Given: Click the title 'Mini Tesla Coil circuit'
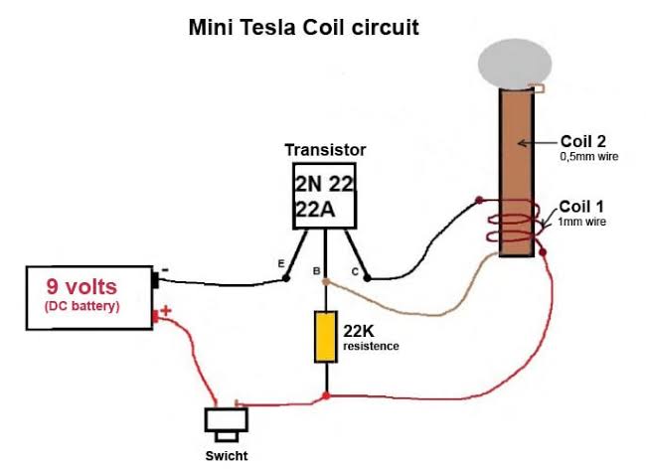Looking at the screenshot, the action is tap(304, 28).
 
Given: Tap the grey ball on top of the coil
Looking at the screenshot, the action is tap(515, 65).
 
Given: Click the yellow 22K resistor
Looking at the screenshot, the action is tap(326, 337).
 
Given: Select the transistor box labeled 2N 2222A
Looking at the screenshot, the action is tap(324, 196).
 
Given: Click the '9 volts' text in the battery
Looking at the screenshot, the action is tap(81, 286).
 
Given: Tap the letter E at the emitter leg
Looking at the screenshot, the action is tap(281, 263).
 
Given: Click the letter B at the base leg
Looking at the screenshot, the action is tap(316, 271).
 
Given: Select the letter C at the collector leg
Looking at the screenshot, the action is tap(355, 272).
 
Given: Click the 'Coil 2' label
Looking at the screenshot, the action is tap(583, 141).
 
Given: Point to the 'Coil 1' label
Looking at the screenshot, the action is tap(581, 207).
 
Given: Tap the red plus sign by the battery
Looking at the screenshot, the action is tap(166, 310).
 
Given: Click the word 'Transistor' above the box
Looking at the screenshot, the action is tap(325, 150).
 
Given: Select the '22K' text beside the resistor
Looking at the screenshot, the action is tap(359, 331).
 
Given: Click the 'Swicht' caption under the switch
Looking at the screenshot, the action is tap(227, 456).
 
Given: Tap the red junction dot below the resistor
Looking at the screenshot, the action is tap(326, 396).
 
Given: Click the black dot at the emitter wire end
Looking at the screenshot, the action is tap(286, 279).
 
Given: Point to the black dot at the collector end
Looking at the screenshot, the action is tap(367, 278).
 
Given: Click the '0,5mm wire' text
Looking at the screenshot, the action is tap(589, 156).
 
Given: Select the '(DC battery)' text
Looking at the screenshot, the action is tap(81, 306).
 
